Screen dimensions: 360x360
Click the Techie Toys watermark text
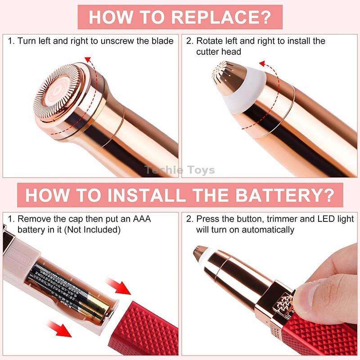180,170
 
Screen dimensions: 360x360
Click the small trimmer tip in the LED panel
198,254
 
